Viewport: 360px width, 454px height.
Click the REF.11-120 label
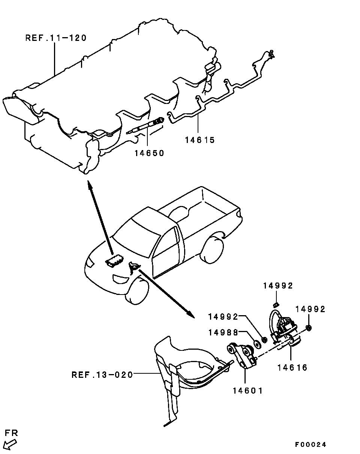56,38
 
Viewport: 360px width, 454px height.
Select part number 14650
149,153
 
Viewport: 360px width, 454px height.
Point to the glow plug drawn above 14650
146,126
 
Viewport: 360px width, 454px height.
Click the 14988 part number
223,332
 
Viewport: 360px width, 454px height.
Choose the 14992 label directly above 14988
223,317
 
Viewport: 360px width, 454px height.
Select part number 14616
292,368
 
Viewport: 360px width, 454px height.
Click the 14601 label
247,391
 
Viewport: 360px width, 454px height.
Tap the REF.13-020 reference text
102,374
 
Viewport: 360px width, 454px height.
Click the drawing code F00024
310,445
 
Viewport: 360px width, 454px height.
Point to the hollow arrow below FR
11,444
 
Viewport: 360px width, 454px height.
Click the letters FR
11,433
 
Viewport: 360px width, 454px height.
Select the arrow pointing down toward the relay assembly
165,293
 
